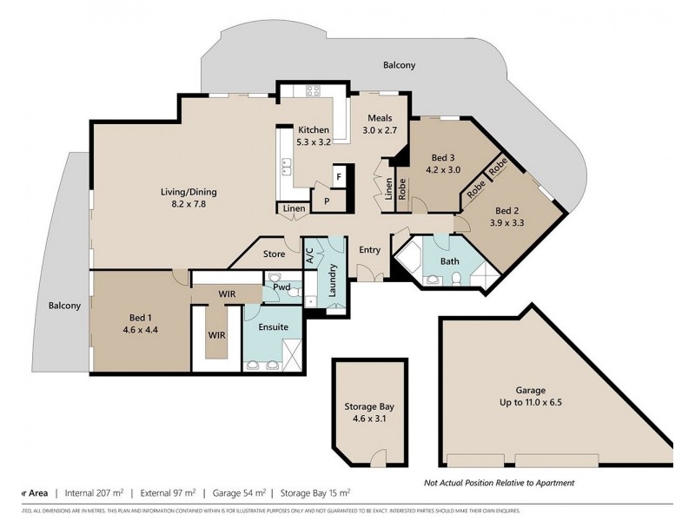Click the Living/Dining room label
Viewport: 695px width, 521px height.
click(188, 198)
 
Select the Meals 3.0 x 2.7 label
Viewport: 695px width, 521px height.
click(380, 124)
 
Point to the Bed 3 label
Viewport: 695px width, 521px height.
click(443, 164)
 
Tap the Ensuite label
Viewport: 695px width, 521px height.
click(273, 327)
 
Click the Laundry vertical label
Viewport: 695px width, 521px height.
click(332, 282)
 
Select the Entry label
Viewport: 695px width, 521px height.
click(369, 250)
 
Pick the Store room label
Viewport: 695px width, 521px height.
click(275, 254)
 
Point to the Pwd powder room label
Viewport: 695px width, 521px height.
click(281, 286)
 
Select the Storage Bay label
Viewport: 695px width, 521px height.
click(369, 412)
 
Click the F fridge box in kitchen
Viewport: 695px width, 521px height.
click(339, 177)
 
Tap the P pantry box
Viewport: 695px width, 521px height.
click(327, 201)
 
